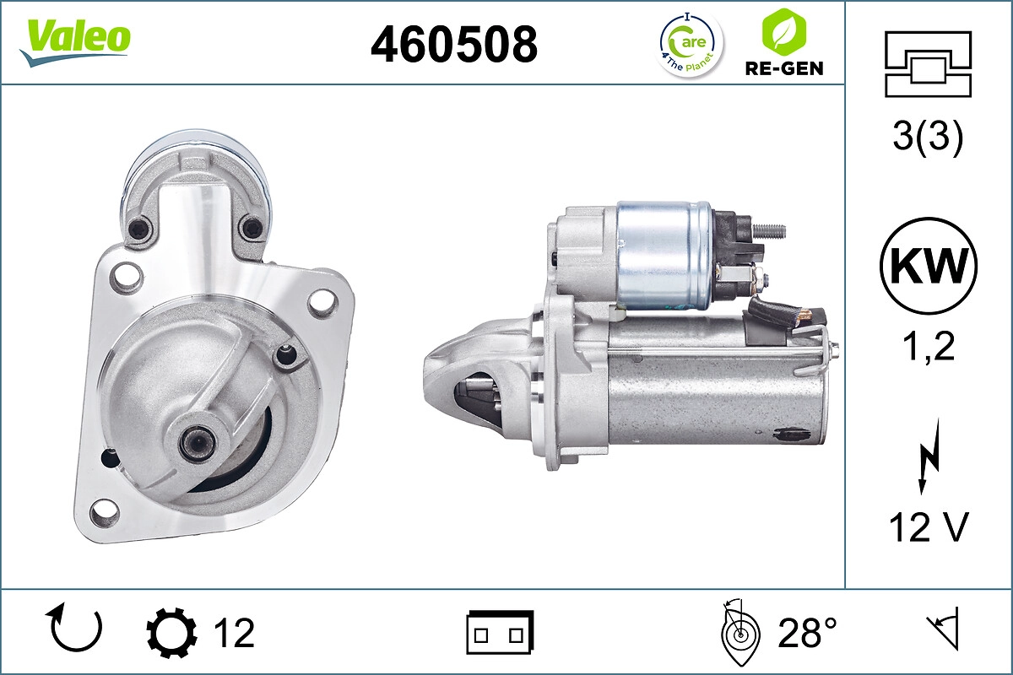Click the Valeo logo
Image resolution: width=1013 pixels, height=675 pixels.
point(75,40)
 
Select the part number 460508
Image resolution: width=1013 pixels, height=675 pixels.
point(454,44)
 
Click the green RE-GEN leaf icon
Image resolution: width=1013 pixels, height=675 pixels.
point(783,31)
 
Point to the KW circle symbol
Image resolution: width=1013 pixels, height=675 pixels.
point(928,267)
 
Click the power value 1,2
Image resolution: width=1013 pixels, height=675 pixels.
point(928,346)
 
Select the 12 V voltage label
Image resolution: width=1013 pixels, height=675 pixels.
point(928,528)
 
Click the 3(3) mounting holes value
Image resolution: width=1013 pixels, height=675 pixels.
point(928,138)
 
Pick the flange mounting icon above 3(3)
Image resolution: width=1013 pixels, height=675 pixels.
point(928,64)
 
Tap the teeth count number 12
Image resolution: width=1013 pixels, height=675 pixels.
point(234,633)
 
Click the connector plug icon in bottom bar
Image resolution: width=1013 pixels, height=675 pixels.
point(500,633)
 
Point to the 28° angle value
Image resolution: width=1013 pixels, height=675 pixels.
point(808,633)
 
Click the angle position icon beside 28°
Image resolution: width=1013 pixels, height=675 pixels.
point(739,633)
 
